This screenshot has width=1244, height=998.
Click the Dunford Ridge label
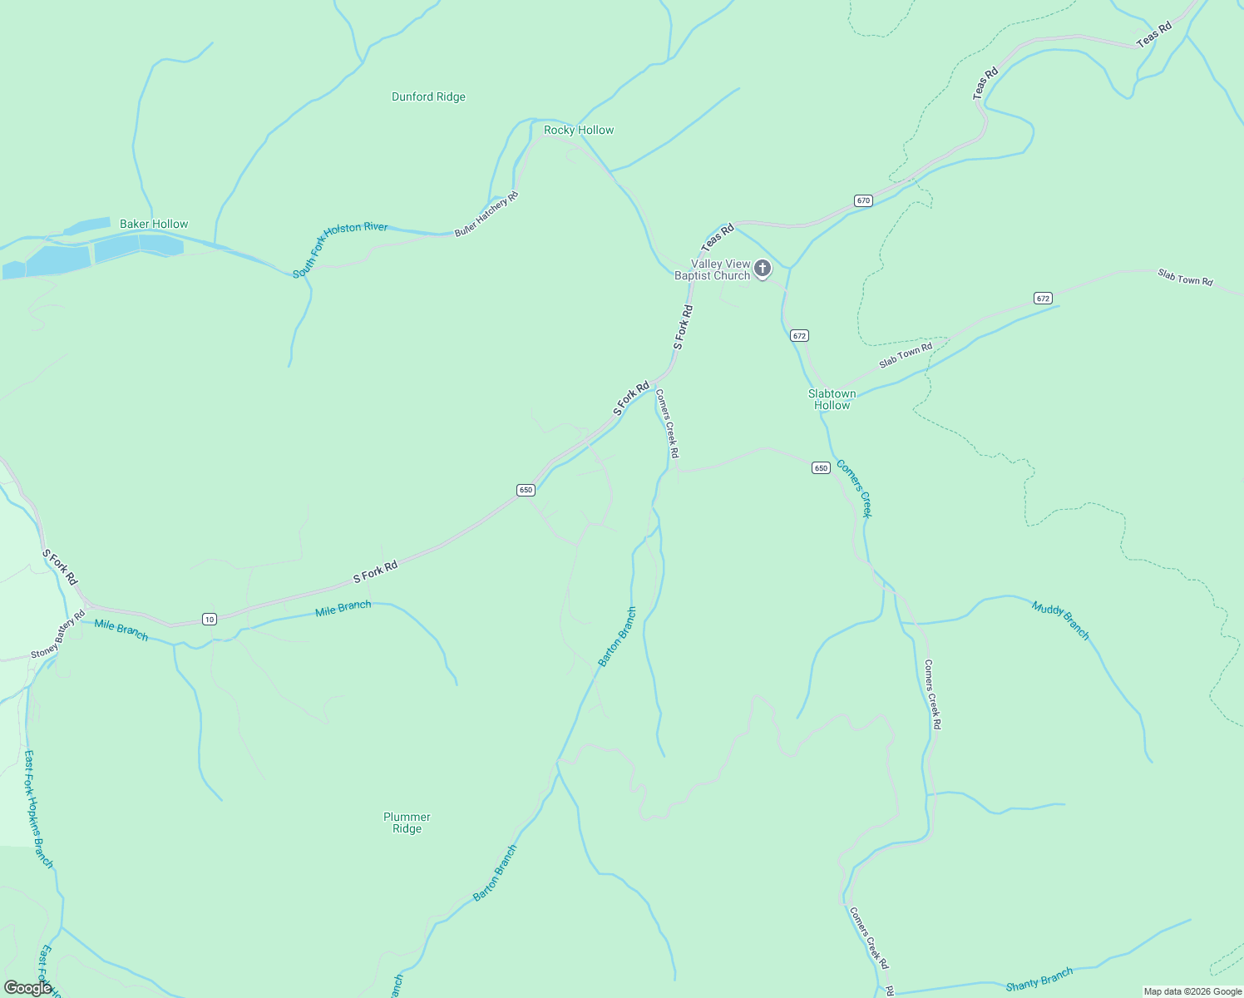428,96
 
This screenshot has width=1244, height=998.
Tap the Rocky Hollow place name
579,130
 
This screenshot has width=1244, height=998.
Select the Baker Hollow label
154,224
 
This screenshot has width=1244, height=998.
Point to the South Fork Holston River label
340,249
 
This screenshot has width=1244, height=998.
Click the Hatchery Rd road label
486,215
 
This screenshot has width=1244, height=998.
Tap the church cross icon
762,269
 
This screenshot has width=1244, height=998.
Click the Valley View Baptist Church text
713,269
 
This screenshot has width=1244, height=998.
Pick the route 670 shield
863,200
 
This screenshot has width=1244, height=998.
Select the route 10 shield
209,619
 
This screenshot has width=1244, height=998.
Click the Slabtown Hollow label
832,399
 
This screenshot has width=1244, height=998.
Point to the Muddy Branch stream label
1060,620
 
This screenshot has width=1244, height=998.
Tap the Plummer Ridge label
407,823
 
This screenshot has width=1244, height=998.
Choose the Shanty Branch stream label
1039,981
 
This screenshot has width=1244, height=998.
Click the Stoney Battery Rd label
58,634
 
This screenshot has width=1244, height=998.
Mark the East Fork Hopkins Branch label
38,809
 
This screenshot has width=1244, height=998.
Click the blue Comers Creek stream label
854,488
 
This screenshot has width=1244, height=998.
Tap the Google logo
27,988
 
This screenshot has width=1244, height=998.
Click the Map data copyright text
1192,991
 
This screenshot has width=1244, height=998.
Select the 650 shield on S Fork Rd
526,490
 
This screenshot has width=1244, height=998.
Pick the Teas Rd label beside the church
718,237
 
